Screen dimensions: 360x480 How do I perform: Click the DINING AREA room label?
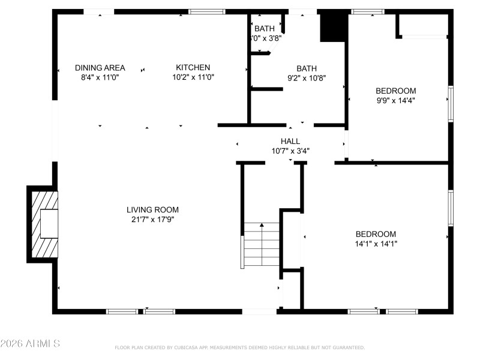point(100,67)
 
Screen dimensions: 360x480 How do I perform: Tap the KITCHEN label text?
point(193,67)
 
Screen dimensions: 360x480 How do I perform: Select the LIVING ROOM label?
point(152,209)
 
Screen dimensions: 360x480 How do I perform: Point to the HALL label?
point(290,141)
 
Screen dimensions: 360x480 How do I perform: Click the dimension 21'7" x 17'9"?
point(152,219)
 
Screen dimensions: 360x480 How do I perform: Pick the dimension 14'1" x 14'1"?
point(376,244)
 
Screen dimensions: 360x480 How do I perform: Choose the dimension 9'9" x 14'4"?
point(395,100)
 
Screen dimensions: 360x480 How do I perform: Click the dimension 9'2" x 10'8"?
point(307,78)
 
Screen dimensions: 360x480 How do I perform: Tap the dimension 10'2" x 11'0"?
point(193,77)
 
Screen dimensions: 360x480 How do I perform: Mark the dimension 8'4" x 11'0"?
point(100,77)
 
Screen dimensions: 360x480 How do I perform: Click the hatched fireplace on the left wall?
point(44,224)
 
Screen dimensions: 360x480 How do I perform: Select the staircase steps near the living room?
point(262,244)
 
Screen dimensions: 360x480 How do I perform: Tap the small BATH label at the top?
point(265,28)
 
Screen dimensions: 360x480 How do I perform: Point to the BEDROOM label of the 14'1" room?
point(376,234)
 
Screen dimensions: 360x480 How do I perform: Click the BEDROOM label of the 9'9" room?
point(395,91)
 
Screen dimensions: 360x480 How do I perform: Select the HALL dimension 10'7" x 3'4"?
point(290,151)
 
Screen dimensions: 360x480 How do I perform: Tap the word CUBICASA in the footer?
point(191,347)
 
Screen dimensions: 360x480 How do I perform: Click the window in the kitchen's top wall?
point(207,11)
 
